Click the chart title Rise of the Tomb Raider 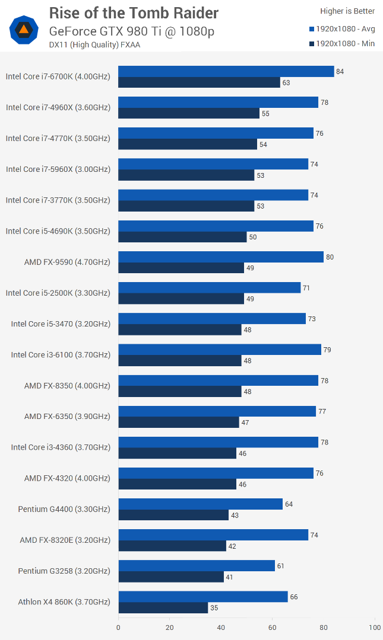coord(134,13)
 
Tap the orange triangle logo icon coord(24,29)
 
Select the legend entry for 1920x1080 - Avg coord(342,28)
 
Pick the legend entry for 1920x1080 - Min coord(342,43)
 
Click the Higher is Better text coord(347,11)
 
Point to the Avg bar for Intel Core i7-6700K coord(226,71)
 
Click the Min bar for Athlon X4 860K coord(163,607)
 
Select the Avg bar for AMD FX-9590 coord(221,257)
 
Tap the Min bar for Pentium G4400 coord(173,515)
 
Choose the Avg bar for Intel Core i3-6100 coord(220,350)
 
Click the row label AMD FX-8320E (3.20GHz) coord(65,540)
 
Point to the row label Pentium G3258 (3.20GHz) coord(64,571)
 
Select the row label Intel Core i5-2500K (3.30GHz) coord(58,293)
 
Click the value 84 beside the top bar coord(340,72)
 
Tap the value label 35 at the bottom coord(214,608)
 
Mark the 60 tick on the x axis coord(273,628)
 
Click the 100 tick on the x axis coord(375,628)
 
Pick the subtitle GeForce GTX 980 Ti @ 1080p coord(131,31)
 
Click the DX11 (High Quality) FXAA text coord(95,44)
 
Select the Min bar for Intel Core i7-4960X coord(189,113)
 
